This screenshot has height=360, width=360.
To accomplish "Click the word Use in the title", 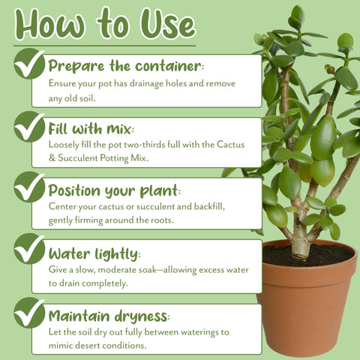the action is [168, 25].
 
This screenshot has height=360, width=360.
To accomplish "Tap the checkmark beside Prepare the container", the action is [29, 64].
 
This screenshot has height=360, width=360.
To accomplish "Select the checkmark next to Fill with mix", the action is [29, 127].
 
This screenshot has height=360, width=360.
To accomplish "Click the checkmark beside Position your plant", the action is [29, 187].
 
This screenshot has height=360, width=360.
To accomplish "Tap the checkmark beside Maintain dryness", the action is [29, 313].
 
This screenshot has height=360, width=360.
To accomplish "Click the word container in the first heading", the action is [168, 66].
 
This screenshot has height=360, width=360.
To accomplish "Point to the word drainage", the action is [146, 84].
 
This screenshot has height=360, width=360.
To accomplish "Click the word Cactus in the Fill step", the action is [230, 145].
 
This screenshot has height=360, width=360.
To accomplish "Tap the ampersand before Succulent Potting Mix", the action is [52, 158].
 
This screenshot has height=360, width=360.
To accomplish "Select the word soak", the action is [147, 270].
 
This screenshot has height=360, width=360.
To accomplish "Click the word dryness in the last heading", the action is [142, 316].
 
